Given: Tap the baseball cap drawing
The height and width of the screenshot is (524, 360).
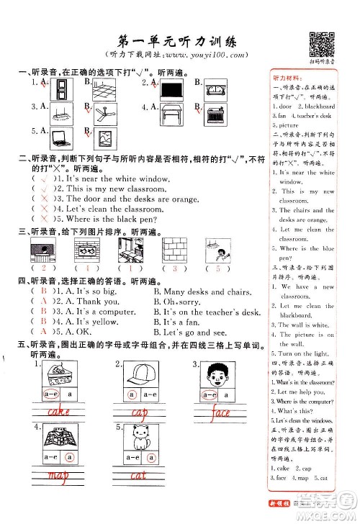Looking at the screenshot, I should [137, 375].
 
